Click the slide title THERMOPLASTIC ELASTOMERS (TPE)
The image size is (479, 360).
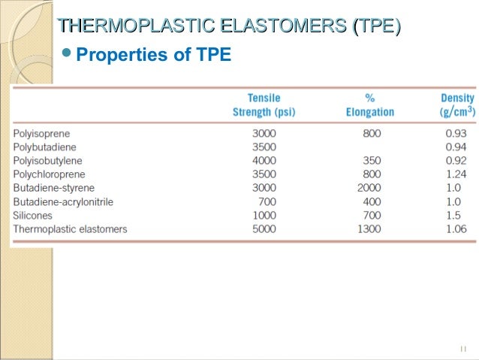tap(229, 29)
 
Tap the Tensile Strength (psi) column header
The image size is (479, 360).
tap(264, 105)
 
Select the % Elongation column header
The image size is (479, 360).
tap(369, 105)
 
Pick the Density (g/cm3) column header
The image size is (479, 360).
tap(456, 105)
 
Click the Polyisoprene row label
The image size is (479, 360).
tap(42, 134)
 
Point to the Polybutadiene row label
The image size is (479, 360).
tap(44, 147)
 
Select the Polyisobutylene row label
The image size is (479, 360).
tap(47, 161)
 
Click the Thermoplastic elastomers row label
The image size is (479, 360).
tap(71, 228)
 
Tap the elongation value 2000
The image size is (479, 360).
tap(369, 188)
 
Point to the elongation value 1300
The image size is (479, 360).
tap(369, 228)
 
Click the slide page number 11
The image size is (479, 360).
tap(462, 349)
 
